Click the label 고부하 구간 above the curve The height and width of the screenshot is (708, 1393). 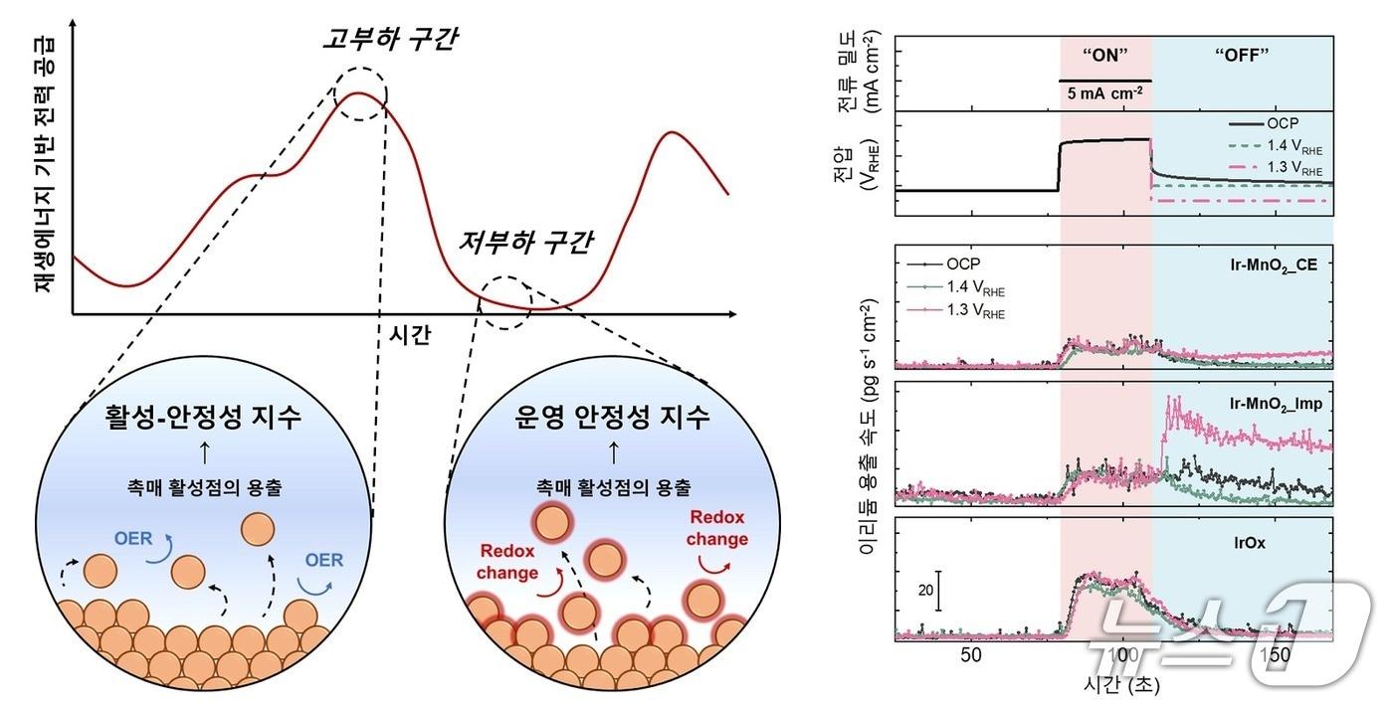pyautogui.click(x=390, y=40)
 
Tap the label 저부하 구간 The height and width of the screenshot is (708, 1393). pyautogui.click(x=525, y=242)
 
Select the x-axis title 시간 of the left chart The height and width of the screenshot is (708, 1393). pyautogui.click(x=407, y=335)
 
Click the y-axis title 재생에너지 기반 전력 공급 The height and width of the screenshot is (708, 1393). pyautogui.click(x=43, y=164)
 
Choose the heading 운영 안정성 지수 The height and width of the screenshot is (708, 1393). pyautogui.click(x=613, y=419)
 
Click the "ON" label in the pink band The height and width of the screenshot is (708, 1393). pyautogui.click(x=1105, y=56)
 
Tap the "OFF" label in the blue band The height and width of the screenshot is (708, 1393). pyautogui.click(x=1243, y=56)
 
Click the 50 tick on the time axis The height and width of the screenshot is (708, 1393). pyautogui.click(x=971, y=655)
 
